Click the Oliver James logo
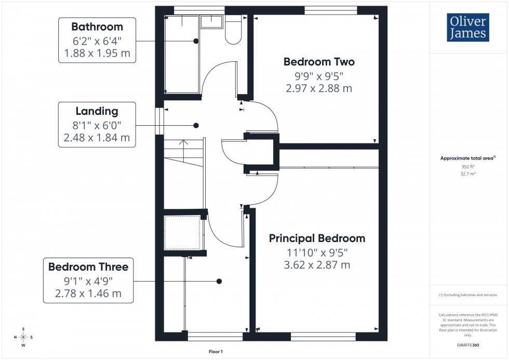[467, 27]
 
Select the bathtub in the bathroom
[182, 53]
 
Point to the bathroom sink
[211, 21]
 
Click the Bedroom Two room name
[319, 62]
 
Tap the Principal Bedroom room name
[317, 238]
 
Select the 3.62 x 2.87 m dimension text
[317, 265]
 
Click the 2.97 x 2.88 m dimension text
[319, 88]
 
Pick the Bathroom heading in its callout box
[97, 26]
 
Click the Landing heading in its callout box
[97, 111]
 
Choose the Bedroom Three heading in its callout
[88, 267]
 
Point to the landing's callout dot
[196, 125]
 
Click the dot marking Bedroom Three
[219, 281]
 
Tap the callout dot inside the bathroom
[196, 41]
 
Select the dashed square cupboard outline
[182, 232]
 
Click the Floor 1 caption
[216, 352]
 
